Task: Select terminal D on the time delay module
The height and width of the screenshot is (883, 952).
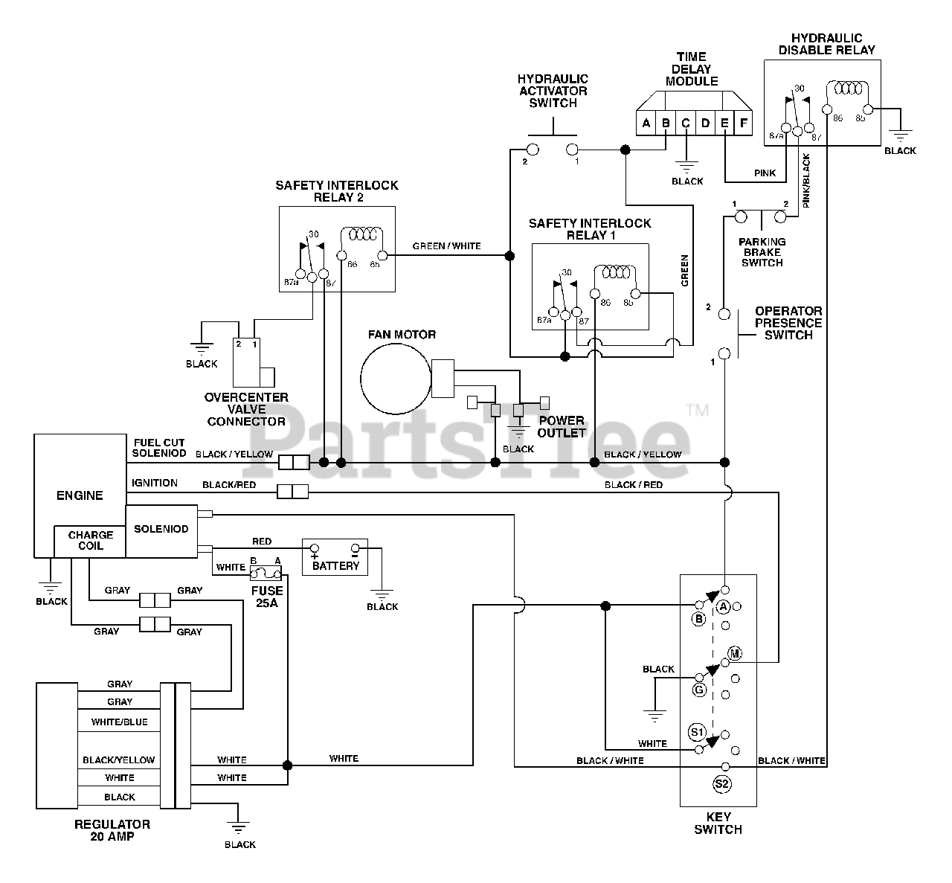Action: pos(705,123)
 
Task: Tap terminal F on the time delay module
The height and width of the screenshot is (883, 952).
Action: pos(744,123)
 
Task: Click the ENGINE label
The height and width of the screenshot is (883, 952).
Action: pos(80,495)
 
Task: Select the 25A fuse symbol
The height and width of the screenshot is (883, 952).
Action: pos(266,573)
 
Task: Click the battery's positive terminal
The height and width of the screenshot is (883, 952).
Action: pos(315,548)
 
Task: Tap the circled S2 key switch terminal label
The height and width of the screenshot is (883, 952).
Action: pos(721,784)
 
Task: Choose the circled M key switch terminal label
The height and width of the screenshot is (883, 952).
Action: pos(735,653)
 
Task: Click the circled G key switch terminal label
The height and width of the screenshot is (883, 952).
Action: pos(699,690)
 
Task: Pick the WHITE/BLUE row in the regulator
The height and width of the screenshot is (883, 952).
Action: pos(119,722)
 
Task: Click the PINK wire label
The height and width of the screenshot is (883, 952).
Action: pos(765,173)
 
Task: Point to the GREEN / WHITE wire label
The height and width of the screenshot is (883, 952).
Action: pos(446,246)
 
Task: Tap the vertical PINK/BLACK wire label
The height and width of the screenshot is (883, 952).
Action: pos(805,181)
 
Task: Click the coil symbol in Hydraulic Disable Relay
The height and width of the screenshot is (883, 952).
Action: pos(848,89)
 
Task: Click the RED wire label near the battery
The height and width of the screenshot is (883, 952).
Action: pos(262,542)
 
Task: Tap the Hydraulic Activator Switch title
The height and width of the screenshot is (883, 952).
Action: pos(553,91)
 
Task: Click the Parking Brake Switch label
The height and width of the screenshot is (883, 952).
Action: pos(762,252)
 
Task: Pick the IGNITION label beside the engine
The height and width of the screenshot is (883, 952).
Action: pos(155,483)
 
